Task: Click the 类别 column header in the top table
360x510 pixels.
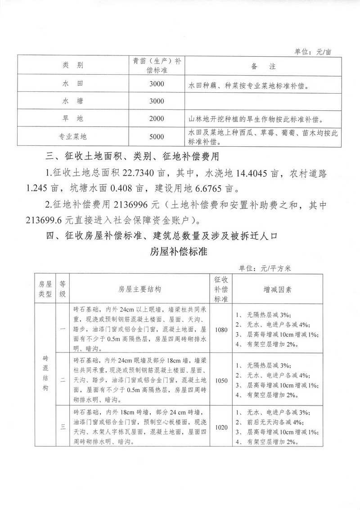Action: tap(72, 66)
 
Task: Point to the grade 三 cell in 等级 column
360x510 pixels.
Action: tap(63, 427)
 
